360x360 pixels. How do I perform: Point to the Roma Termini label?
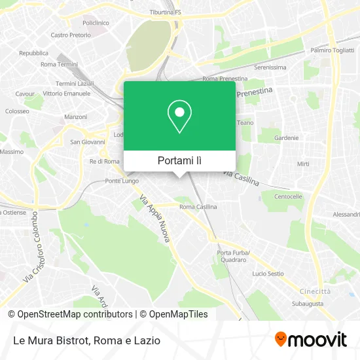[59, 64]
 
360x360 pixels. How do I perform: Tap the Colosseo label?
[17, 111]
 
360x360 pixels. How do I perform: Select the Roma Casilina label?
[198, 207]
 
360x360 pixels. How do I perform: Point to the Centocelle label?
[288, 196]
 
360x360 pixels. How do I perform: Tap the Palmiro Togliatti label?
[331, 50]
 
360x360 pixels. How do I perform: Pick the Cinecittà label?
[311, 291]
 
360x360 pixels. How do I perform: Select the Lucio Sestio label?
[267, 274]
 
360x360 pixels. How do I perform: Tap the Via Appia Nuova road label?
[156, 219]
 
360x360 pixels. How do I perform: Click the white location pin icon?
[179, 117]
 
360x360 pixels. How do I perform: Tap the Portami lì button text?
[179, 160]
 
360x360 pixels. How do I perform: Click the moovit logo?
[311, 339]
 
